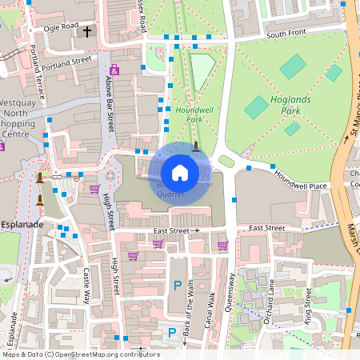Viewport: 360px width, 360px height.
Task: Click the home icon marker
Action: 180,172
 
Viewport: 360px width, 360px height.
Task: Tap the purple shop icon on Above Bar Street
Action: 114,70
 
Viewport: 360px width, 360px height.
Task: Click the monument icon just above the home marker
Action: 196,146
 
